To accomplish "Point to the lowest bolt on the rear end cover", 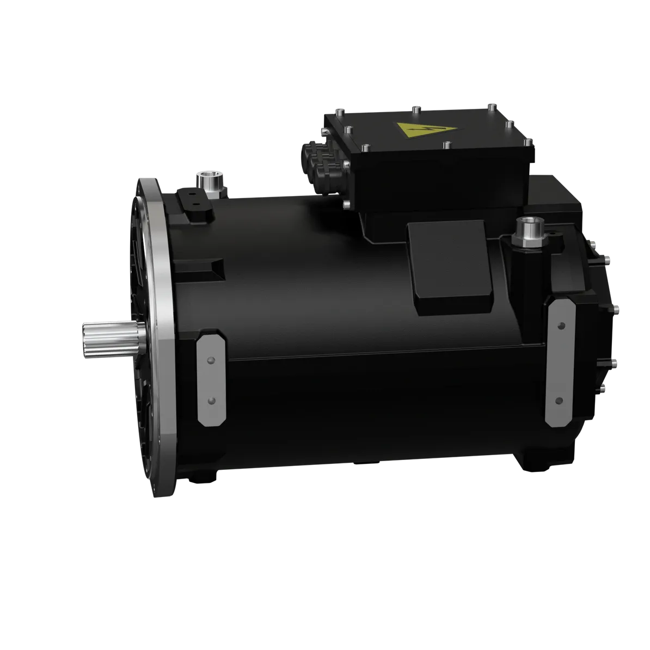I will [603, 388].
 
